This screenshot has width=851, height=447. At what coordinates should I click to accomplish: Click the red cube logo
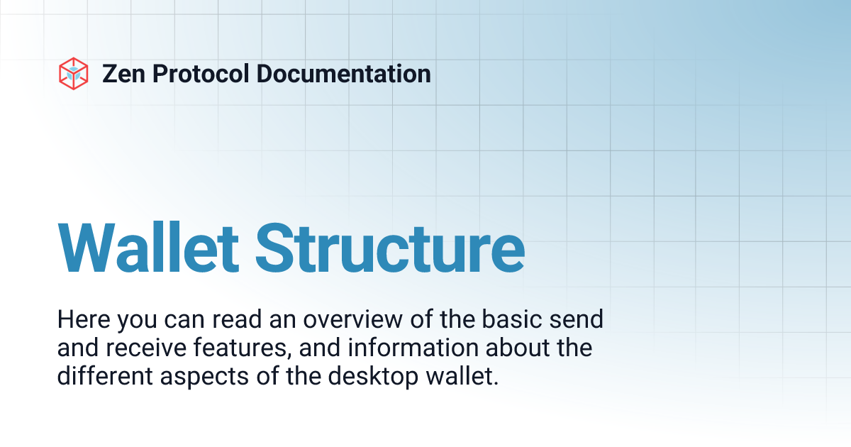coord(73,73)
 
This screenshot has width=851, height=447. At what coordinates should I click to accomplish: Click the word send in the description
coord(579,319)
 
